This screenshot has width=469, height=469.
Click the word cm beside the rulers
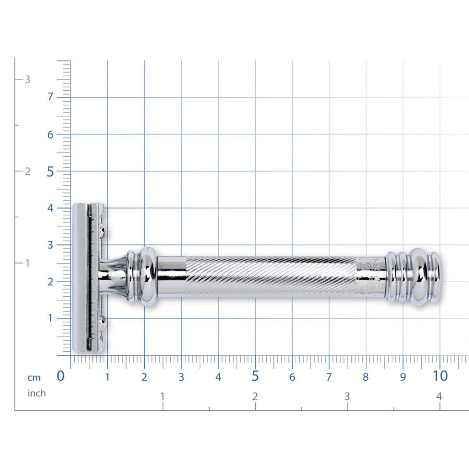(34, 377)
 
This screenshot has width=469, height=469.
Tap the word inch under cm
(36, 393)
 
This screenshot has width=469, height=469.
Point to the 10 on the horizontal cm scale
(439, 376)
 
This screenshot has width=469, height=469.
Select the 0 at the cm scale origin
(61, 376)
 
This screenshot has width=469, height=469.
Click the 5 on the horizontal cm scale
(255, 376)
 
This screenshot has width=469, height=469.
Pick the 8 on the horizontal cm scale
(366, 377)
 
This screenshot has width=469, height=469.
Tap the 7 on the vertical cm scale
(50, 97)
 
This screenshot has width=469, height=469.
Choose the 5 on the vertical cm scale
(50, 171)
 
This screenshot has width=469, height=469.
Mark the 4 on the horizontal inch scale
(439, 396)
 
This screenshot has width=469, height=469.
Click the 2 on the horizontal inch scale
(255, 396)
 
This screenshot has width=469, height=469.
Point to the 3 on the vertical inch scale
(27, 79)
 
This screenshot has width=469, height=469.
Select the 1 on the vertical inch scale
(27, 263)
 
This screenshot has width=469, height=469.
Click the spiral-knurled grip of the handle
(270, 277)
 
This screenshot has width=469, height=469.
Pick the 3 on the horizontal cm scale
(181, 377)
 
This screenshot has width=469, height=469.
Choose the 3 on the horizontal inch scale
(347, 396)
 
